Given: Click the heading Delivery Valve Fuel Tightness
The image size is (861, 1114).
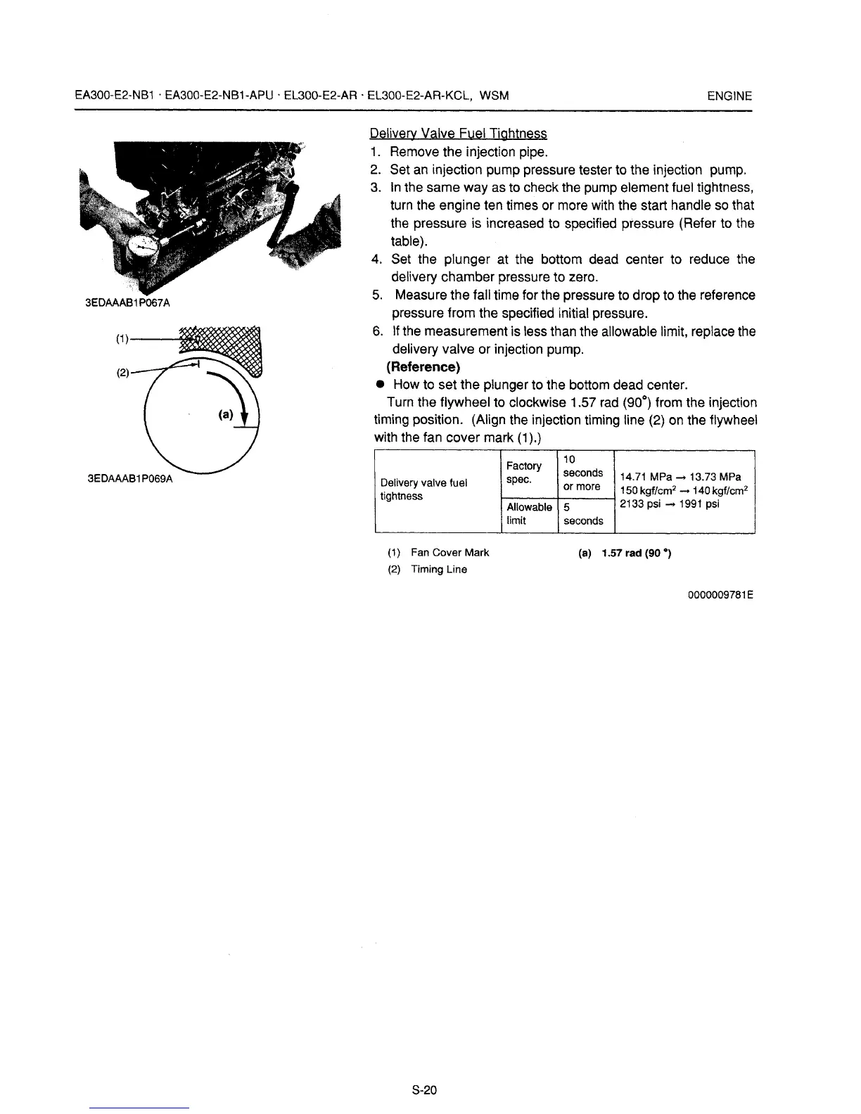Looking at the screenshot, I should pyautogui.click(x=458, y=134).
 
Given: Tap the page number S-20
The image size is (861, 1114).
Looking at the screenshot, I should pyautogui.click(x=425, y=1090).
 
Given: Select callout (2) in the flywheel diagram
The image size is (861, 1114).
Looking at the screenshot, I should pyautogui.click(x=121, y=373).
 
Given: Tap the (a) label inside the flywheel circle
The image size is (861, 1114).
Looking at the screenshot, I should pyautogui.click(x=226, y=415).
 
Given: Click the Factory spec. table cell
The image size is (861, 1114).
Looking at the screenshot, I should pyautogui.click(x=524, y=473).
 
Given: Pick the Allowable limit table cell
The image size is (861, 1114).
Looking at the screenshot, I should pyautogui.click(x=529, y=514).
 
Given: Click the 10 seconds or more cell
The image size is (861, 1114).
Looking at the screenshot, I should pyautogui.click(x=583, y=473).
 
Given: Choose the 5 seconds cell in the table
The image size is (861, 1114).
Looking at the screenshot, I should pyautogui.click(x=583, y=514).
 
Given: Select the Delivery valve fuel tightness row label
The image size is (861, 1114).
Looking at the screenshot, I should pyautogui.click(x=423, y=489).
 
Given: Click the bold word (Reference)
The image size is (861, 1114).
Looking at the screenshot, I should pyautogui.click(x=423, y=367).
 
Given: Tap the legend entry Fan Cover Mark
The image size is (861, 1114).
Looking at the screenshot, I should pyautogui.click(x=449, y=553).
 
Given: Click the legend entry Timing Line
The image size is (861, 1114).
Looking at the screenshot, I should pyautogui.click(x=438, y=570).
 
